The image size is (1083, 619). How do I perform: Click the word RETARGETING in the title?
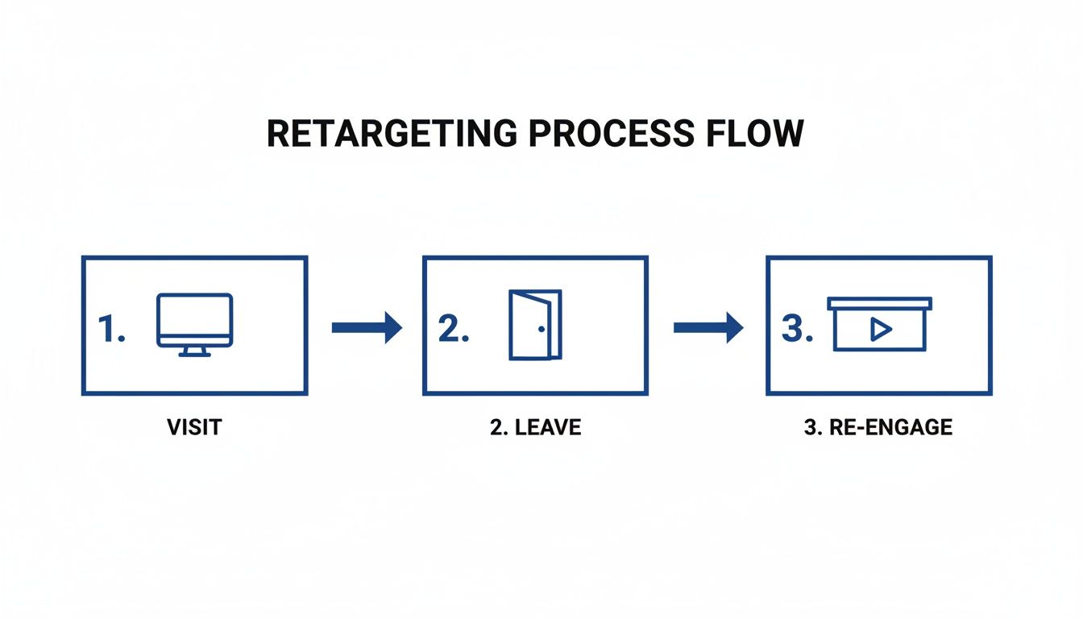point(392,134)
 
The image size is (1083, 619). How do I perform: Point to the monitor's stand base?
point(194,353)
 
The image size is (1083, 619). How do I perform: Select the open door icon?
point(535,325)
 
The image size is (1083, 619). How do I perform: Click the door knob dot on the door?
point(541,329)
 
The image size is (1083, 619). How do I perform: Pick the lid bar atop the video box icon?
point(879,303)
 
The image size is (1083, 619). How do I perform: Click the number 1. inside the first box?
point(112,329)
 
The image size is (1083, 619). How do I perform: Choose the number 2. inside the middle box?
point(454,329)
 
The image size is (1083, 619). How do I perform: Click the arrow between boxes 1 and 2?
point(367,327)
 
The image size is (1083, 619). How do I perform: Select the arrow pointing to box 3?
point(708,327)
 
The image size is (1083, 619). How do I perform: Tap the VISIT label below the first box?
point(194,427)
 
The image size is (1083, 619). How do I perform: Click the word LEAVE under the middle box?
point(548,427)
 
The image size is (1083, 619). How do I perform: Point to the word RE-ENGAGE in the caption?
point(890,427)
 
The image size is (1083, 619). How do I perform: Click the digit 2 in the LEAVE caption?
point(496,427)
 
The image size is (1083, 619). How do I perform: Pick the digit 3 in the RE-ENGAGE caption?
point(810,427)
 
